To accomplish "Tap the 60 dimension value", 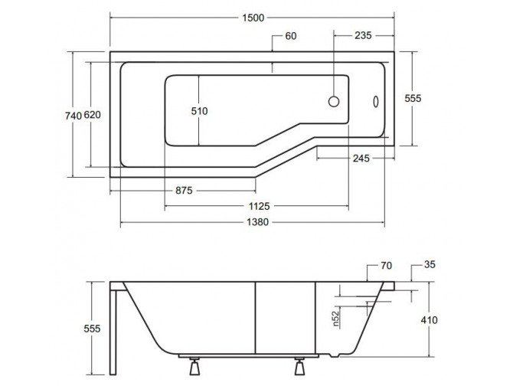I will coord(291,37).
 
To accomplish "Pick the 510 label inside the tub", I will coord(199,111).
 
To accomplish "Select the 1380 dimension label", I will coord(252,222).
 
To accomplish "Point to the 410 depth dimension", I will coord(429,321).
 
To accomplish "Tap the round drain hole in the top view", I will coord(335,101).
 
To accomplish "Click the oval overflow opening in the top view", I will coord(375,101).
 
